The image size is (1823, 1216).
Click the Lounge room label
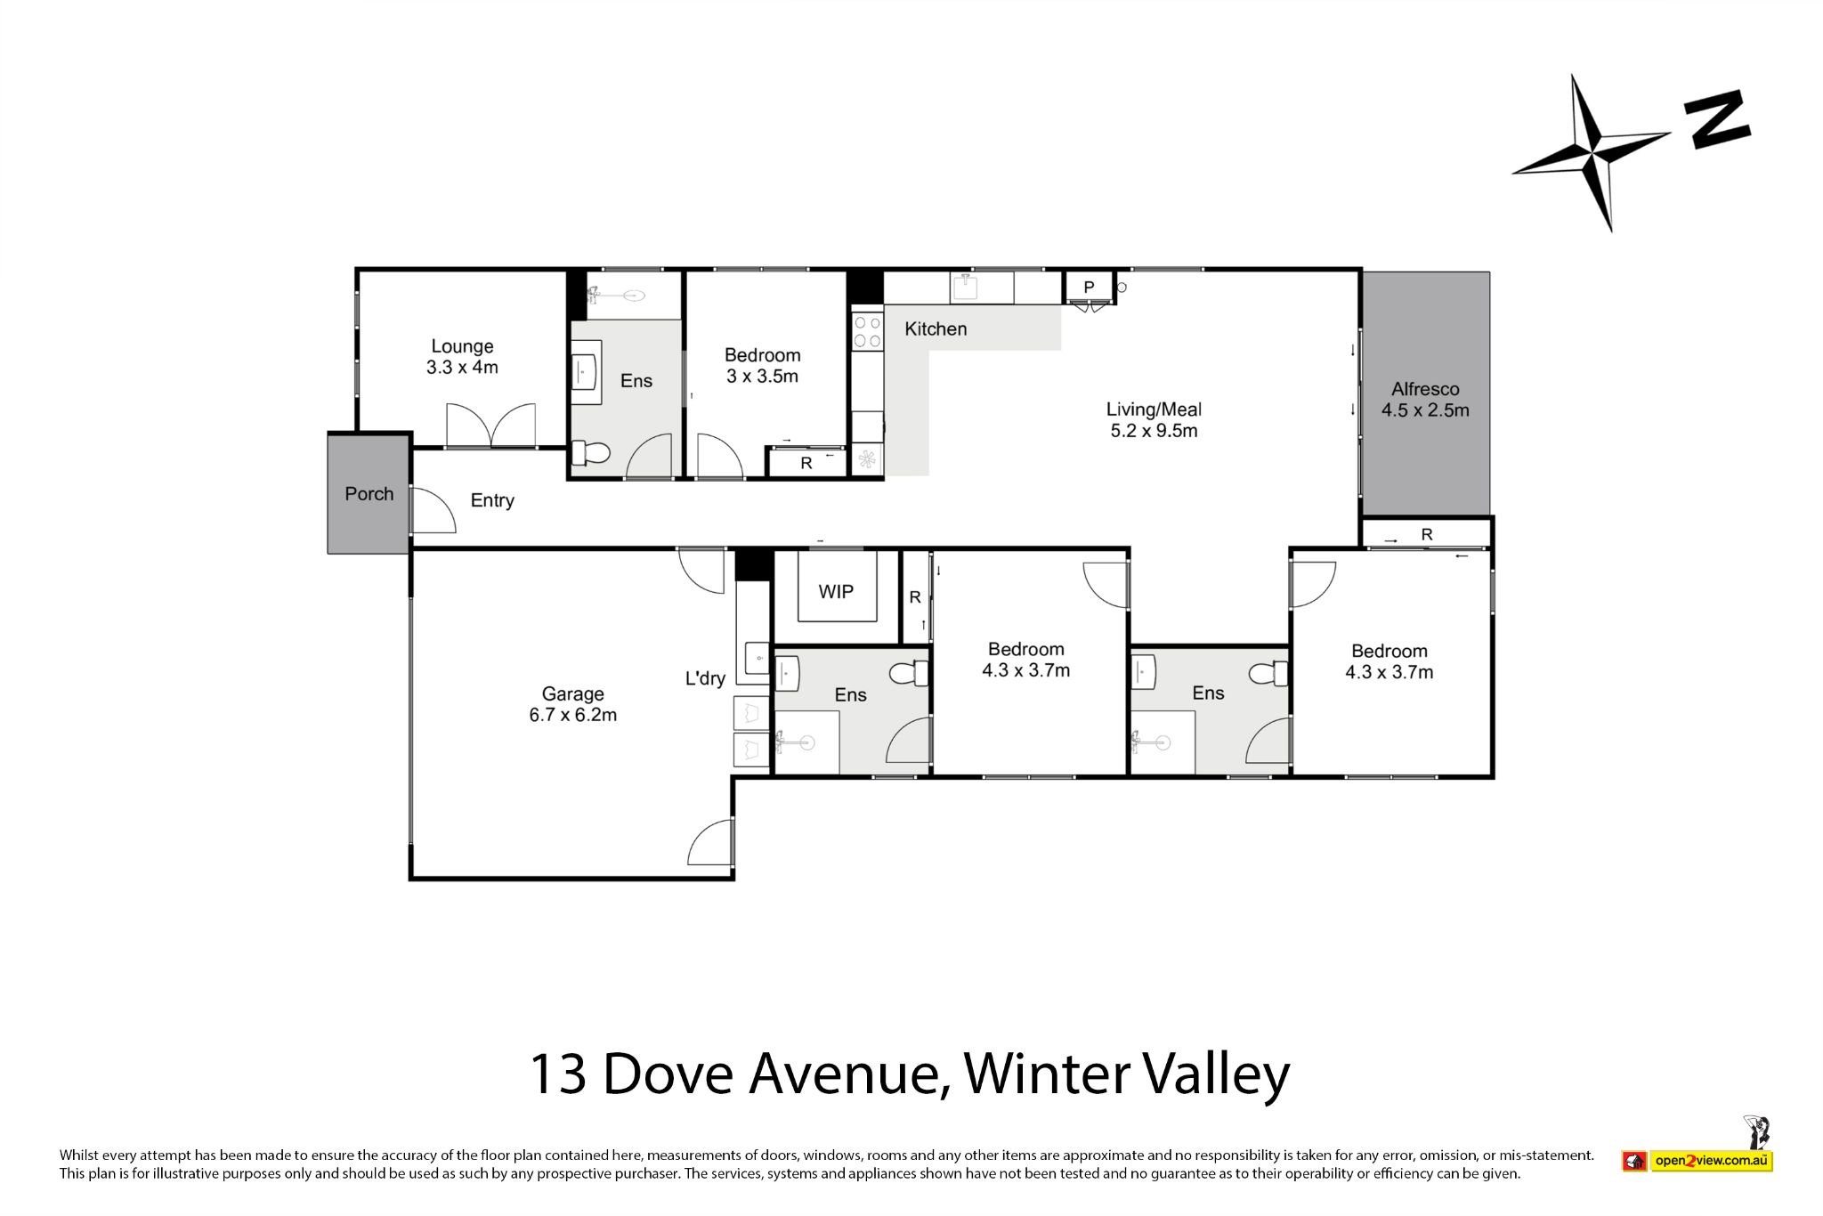click(x=462, y=346)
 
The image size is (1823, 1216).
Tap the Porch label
click(x=369, y=494)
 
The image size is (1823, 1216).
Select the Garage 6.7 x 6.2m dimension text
click(x=572, y=715)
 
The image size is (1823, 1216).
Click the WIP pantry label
click(x=836, y=592)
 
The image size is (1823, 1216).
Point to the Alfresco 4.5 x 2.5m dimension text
click(x=1425, y=410)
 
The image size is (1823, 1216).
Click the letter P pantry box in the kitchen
click(x=1089, y=288)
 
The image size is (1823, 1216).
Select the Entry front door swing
click(x=433, y=511)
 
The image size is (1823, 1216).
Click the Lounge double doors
click(x=492, y=424)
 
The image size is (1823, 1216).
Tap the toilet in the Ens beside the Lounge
click(x=590, y=454)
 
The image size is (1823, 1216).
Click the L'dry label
click(x=705, y=678)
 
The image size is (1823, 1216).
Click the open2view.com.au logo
click(x=1711, y=1161)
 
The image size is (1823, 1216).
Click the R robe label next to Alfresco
click(x=1427, y=534)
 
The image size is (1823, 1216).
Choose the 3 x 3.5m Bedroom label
click(x=762, y=376)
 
